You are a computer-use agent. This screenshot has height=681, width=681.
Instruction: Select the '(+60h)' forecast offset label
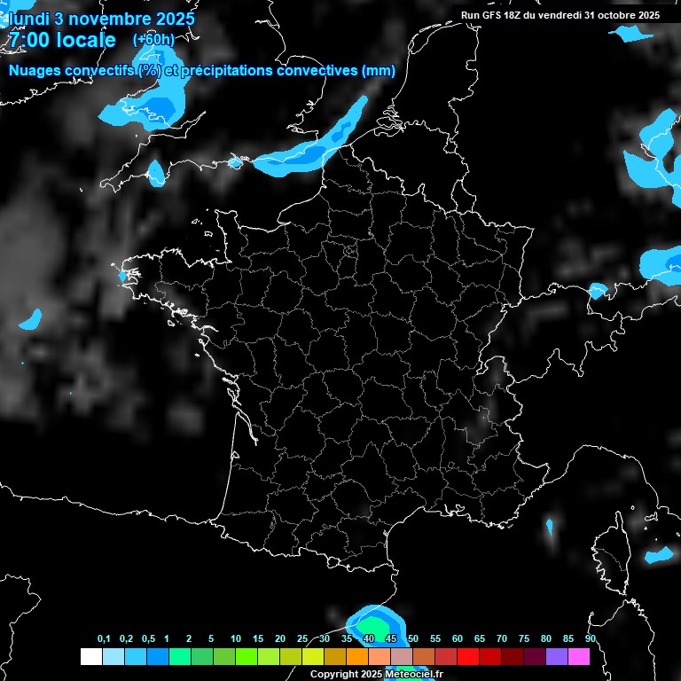point(153,40)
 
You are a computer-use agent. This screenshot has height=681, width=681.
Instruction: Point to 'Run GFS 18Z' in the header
point(493,15)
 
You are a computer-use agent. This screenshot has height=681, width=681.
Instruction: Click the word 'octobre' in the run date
point(614,15)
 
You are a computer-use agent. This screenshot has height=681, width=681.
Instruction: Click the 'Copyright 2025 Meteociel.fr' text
point(376,674)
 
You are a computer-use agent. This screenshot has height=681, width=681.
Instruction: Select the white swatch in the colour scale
point(90,656)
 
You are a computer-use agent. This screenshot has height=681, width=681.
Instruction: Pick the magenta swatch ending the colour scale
point(579,656)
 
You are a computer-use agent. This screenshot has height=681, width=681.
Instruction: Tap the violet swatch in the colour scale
point(557,656)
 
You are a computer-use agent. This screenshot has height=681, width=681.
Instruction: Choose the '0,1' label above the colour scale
point(104,639)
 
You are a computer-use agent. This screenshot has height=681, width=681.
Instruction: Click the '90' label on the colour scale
point(590,639)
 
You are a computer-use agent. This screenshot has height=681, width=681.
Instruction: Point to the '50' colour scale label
point(413,639)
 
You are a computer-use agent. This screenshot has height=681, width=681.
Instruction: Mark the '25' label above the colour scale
point(302,639)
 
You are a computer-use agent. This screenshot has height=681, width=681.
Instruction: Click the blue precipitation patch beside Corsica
point(660,555)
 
